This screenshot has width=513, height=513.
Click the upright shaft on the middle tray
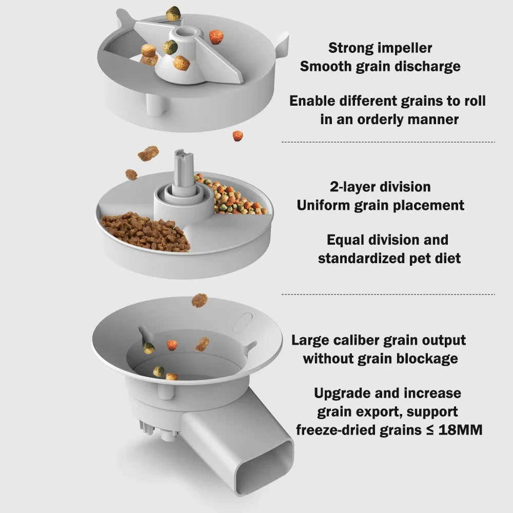tap(181, 169)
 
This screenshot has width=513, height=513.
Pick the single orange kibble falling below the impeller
tap(238, 136)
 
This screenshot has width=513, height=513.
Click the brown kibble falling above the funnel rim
tap(199, 300)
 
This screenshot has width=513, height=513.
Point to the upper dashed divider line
tap(388, 142)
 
